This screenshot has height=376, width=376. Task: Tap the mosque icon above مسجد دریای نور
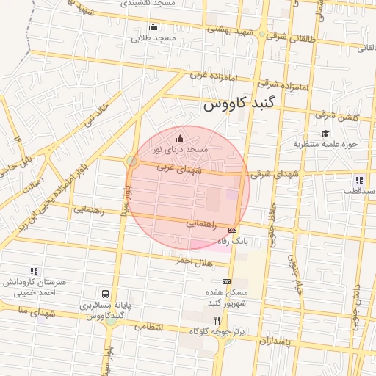pyautogui.click(x=181, y=137)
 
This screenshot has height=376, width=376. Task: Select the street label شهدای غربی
pyautogui.click(x=174, y=169)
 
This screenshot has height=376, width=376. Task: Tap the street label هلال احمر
pyautogui.click(x=193, y=261)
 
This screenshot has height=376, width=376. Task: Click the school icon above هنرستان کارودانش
pyautogui.click(x=33, y=271)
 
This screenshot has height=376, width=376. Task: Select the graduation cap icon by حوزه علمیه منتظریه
pyautogui.click(x=325, y=133)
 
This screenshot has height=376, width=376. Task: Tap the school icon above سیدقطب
pyautogui.click(x=358, y=179)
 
